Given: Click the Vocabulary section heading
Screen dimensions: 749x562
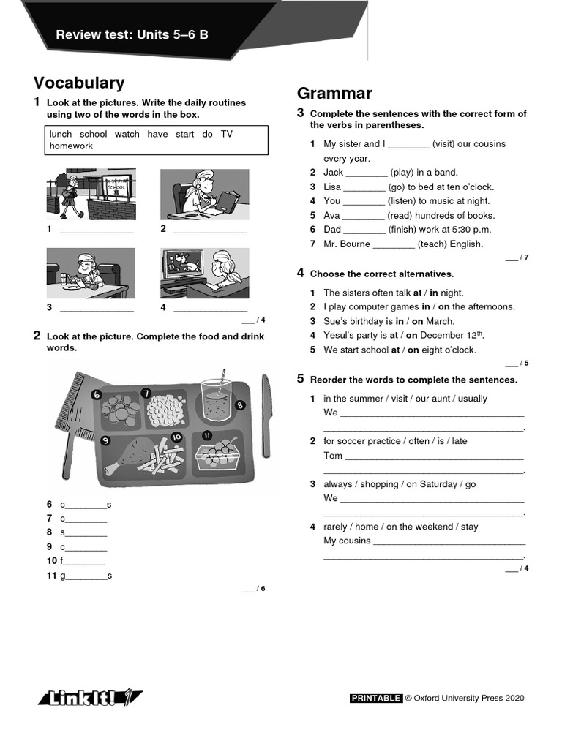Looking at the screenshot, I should tap(79, 83).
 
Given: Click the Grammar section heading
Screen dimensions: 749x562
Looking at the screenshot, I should tap(334, 94).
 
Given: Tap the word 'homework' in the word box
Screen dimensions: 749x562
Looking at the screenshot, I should tap(71, 146).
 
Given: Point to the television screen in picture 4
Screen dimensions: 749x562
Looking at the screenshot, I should tap(184, 262).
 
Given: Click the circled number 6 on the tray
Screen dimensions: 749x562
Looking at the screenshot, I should tap(96, 395).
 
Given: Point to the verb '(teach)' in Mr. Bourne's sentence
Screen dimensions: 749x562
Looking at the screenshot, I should tap(432, 244).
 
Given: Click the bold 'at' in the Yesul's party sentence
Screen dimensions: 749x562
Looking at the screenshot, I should tap(394, 336).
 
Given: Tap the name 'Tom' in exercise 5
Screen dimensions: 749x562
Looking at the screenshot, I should tap(333, 456).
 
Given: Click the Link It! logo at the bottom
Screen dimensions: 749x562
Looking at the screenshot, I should tap(91, 698).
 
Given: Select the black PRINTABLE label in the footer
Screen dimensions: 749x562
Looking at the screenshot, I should tap(376, 699).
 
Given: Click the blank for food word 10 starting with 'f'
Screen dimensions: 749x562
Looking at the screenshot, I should tap(84, 562).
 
